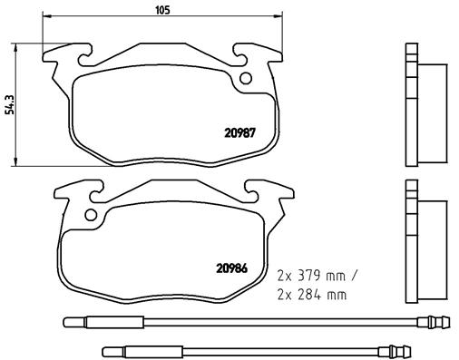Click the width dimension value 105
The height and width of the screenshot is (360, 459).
tap(163, 11)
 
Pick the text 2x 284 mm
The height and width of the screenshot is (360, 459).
tap(310, 296)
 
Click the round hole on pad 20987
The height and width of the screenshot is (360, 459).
tap(244, 78)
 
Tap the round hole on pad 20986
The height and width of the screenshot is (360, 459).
tap(90, 215)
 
